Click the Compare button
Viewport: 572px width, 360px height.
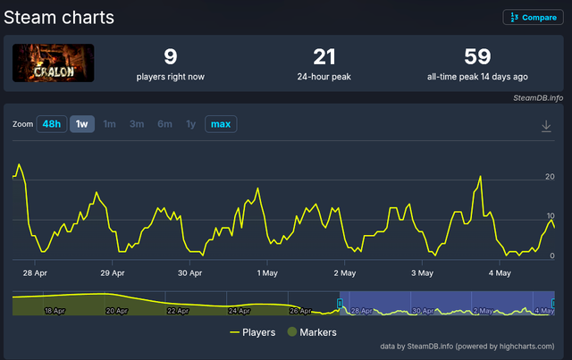coord(533,17)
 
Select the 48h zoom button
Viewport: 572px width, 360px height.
coord(52,124)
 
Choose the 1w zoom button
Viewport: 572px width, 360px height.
coord(81,124)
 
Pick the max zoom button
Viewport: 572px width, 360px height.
coord(221,124)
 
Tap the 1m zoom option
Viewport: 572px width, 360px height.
coord(109,124)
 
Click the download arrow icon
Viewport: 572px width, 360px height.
coord(546,126)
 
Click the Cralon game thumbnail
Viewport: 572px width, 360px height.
coord(54,63)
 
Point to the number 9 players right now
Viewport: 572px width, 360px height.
coord(171,56)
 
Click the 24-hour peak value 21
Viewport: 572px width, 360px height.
coord(324,57)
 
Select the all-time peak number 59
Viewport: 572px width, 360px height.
coord(477,56)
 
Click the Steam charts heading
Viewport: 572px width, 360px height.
coord(59,18)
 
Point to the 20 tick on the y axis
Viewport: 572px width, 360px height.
coord(550,177)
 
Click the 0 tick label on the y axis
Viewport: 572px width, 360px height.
coord(552,255)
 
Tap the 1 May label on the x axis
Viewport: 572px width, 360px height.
coord(267,272)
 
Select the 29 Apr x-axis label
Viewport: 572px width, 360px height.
coord(113,272)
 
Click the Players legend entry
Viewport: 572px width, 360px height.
coord(252,332)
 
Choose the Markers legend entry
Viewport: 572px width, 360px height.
coord(312,332)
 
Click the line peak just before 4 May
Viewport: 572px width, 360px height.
coord(480,177)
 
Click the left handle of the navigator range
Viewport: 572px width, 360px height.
coord(340,303)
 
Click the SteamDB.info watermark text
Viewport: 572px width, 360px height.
coord(538,97)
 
